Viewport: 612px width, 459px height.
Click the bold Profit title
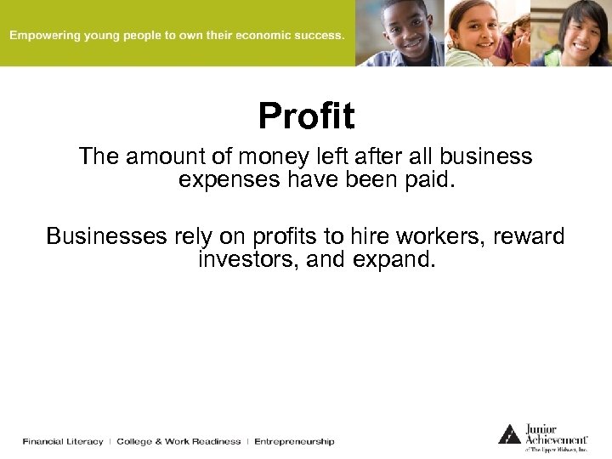[306, 116]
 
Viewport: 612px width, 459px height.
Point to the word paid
[428, 179]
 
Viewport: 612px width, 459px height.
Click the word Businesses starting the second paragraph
[105, 235]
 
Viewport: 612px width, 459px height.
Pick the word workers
[436, 235]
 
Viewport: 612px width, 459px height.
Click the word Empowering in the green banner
[45, 36]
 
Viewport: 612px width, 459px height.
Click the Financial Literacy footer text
[63, 441]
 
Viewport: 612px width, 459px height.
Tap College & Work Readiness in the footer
[178, 441]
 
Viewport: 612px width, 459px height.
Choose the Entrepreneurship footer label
[294, 441]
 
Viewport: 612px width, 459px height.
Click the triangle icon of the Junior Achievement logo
[509, 433]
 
